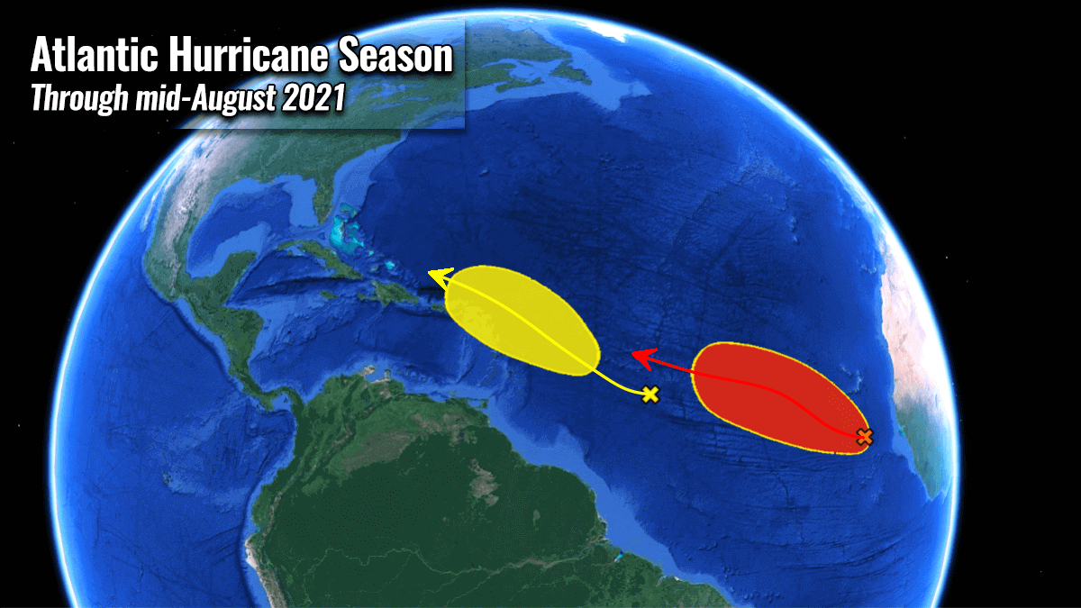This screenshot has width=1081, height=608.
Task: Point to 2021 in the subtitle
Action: coord(313,98)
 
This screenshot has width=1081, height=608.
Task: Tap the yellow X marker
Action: coord(650,394)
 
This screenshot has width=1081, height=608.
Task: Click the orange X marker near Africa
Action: coord(864,437)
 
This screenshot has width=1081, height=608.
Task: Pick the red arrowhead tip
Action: coord(634,356)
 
